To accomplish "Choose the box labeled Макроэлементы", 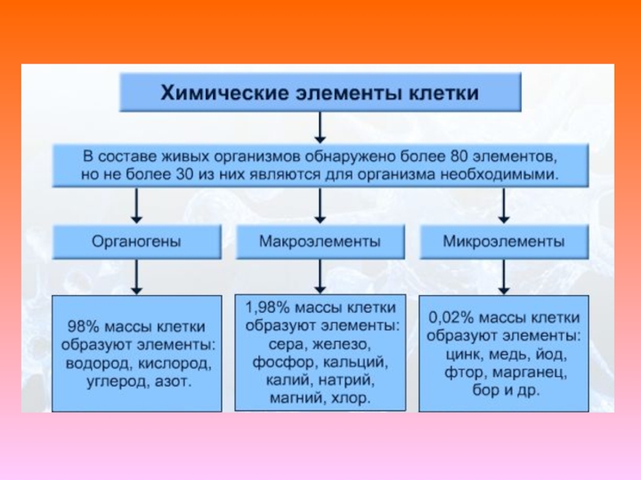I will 320,240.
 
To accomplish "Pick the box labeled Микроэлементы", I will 502,240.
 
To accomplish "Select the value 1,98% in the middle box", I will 264,309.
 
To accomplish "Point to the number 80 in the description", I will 470,154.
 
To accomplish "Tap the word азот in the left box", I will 174,382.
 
